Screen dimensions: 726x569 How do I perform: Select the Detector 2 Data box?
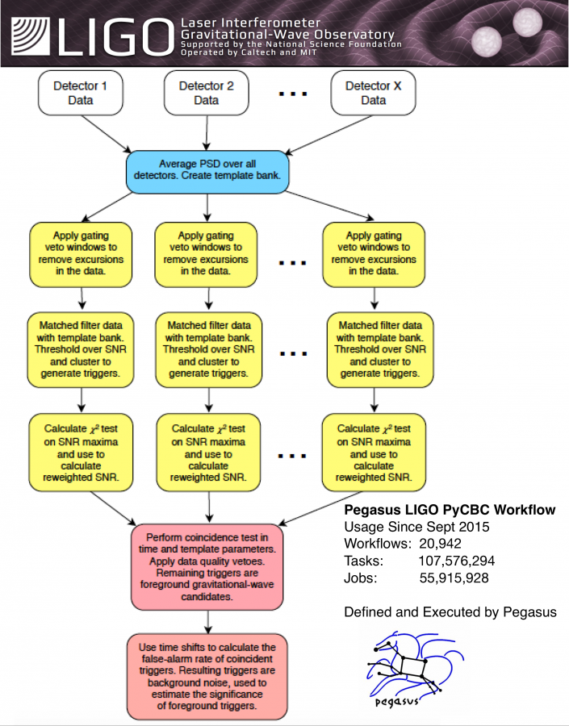[206, 93]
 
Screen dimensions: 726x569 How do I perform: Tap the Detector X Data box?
[373, 93]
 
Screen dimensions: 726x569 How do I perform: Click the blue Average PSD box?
[207, 171]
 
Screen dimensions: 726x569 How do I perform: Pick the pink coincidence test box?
[210, 566]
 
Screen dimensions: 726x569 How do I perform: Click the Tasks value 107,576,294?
[456, 560]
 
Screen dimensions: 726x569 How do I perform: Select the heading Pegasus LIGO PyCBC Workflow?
[450, 510]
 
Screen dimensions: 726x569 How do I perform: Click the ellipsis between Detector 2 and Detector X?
[292, 94]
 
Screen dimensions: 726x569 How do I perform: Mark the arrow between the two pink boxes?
[209, 620]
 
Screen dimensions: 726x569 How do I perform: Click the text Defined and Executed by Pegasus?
[450, 612]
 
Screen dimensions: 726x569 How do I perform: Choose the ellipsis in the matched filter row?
[292, 352]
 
